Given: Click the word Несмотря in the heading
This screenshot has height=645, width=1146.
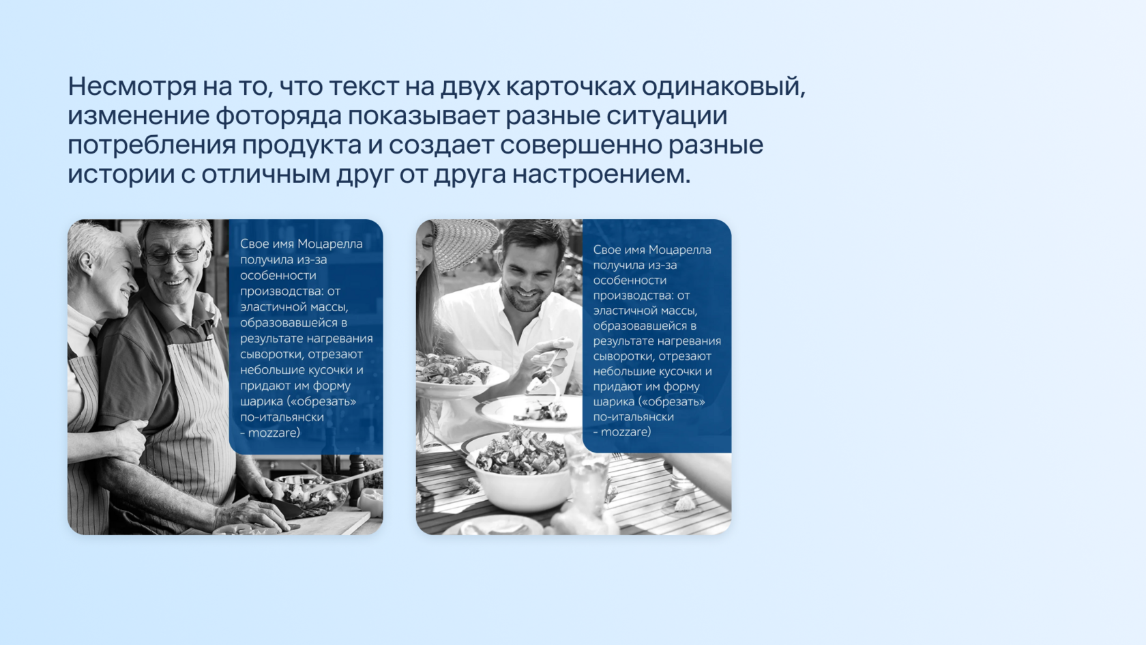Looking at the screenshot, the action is pyautogui.click(x=132, y=87).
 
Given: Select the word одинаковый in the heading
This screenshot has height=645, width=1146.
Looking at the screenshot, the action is pyautogui.click(x=723, y=87).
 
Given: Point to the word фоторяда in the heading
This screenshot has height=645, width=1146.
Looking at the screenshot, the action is pyautogui.click(x=278, y=116).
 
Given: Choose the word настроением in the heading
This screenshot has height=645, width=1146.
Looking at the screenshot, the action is pyautogui.click(x=601, y=175).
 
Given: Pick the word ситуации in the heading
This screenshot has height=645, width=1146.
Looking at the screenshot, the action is pyautogui.click(x=666, y=116).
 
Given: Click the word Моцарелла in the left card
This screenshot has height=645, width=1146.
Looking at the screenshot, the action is pyautogui.click(x=330, y=244).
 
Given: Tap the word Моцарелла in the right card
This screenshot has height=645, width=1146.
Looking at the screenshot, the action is pyautogui.click(x=680, y=250).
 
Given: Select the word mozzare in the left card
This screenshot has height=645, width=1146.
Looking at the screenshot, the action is pyautogui.click(x=274, y=433).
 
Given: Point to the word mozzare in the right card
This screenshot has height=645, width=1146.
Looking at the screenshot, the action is pyautogui.click(x=626, y=432).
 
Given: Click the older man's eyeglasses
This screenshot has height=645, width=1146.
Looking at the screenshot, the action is pyautogui.click(x=175, y=253).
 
